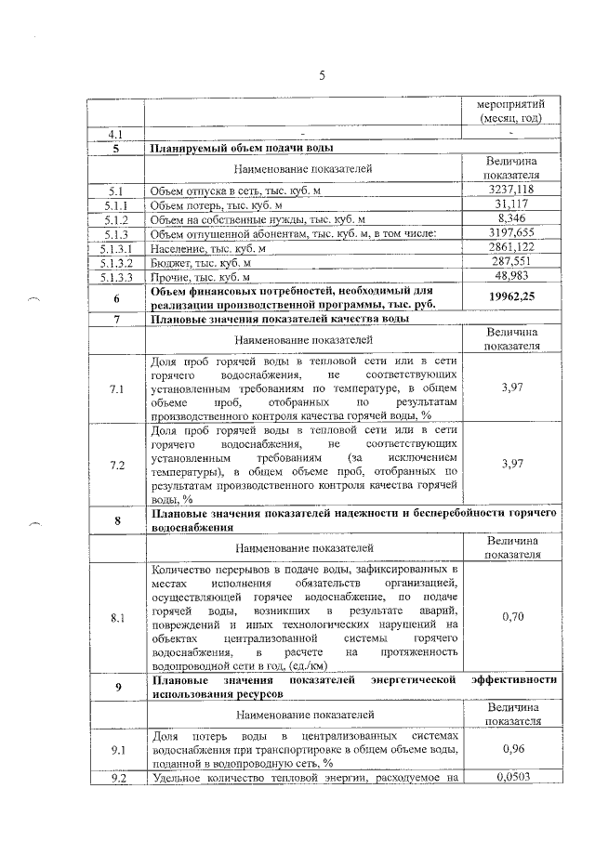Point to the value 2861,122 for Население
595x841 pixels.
pyautogui.click(x=509, y=248)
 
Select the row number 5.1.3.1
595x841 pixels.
pyautogui.click(x=117, y=248)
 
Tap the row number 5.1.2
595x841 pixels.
pyautogui.click(x=117, y=219)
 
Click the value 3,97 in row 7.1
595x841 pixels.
pyautogui.click(x=509, y=388)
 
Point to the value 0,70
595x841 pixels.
pyautogui.click(x=509, y=616)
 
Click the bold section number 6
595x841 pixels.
pyautogui.click(x=117, y=298)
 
